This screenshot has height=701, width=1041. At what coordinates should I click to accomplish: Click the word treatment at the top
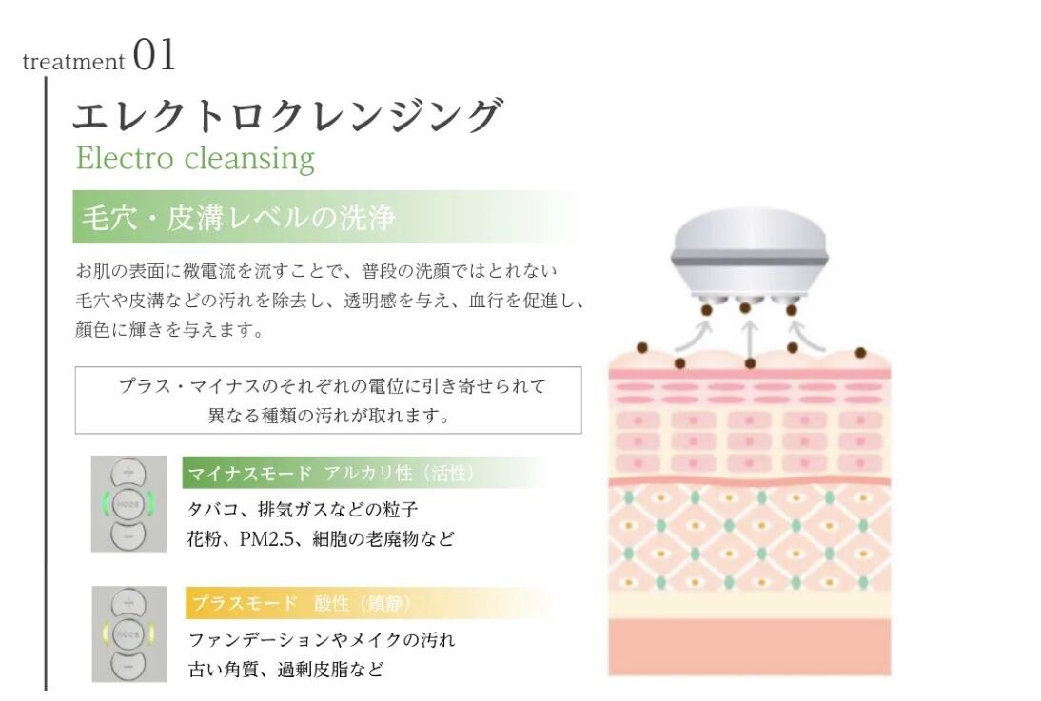click(x=73, y=62)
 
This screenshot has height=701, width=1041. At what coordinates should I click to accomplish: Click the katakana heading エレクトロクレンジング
click(x=285, y=116)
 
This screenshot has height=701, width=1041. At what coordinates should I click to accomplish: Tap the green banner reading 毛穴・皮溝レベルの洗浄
click(x=238, y=218)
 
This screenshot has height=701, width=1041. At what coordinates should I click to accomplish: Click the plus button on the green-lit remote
click(x=128, y=473)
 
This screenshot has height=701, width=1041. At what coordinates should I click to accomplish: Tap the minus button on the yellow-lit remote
click(x=128, y=666)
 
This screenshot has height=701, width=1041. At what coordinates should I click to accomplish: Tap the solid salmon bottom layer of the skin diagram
click(x=749, y=647)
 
